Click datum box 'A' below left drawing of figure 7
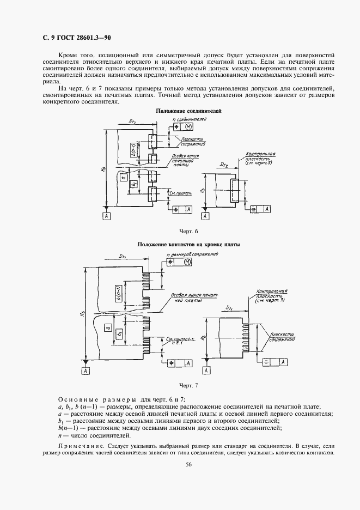tap(86, 371)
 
